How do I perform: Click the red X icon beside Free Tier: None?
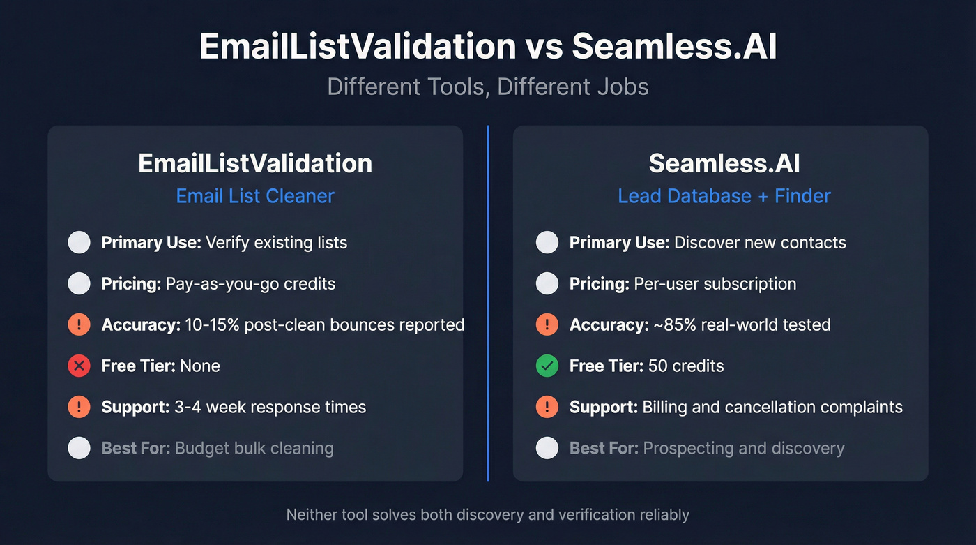pyautogui.click(x=79, y=366)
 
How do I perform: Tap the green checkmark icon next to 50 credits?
pyautogui.click(x=547, y=366)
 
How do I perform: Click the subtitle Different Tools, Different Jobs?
pyautogui.click(x=488, y=87)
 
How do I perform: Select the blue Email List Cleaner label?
pyautogui.click(x=255, y=196)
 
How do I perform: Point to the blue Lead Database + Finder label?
pyautogui.click(x=724, y=196)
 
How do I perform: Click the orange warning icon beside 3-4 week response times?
pyautogui.click(x=79, y=407)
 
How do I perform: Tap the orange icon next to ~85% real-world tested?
pyautogui.click(x=547, y=324)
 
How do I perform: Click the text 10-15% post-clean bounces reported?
pyautogui.click(x=325, y=324)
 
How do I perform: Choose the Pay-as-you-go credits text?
pyautogui.click(x=250, y=283)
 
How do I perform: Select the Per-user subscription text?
pyautogui.click(x=715, y=283)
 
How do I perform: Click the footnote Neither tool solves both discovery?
pyautogui.click(x=488, y=515)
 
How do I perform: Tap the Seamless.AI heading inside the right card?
pyautogui.click(x=724, y=163)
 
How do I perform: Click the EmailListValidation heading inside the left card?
pyautogui.click(x=255, y=163)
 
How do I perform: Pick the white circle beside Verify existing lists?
pyautogui.click(x=79, y=242)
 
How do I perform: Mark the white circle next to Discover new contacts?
pyautogui.click(x=547, y=242)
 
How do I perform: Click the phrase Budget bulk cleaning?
pyautogui.click(x=254, y=448)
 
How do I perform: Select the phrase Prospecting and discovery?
pyautogui.click(x=743, y=448)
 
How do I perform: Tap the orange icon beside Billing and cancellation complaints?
pyautogui.click(x=547, y=407)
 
